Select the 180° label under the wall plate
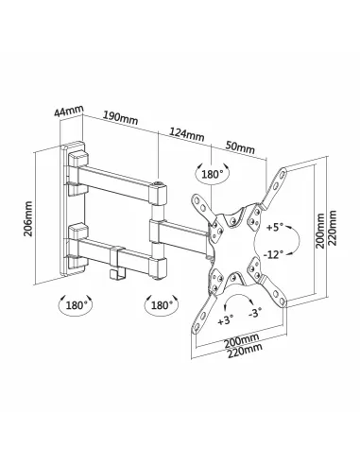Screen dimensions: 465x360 point(78,306)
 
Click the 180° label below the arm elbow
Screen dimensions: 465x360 point(160,306)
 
